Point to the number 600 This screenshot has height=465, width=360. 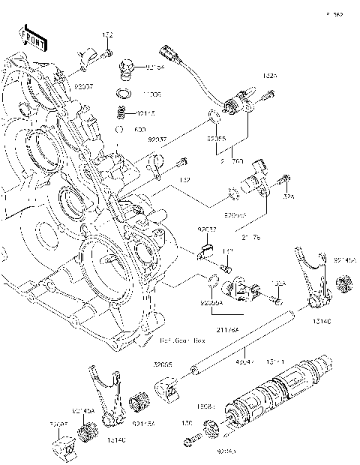click(x=140, y=129)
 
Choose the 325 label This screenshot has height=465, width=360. click(x=288, y=196)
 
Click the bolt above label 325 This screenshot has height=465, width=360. click(x=286, y=179)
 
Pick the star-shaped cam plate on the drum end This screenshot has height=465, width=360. click(x=212, y=429)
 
